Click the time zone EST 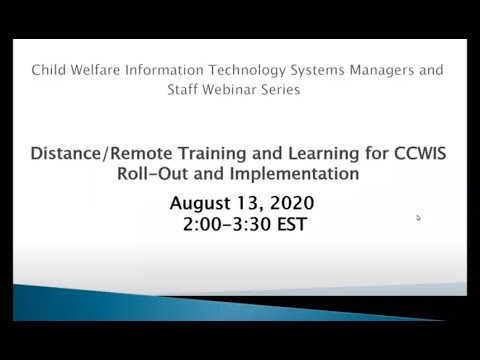[286, 225]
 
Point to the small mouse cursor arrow [418, 217]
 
